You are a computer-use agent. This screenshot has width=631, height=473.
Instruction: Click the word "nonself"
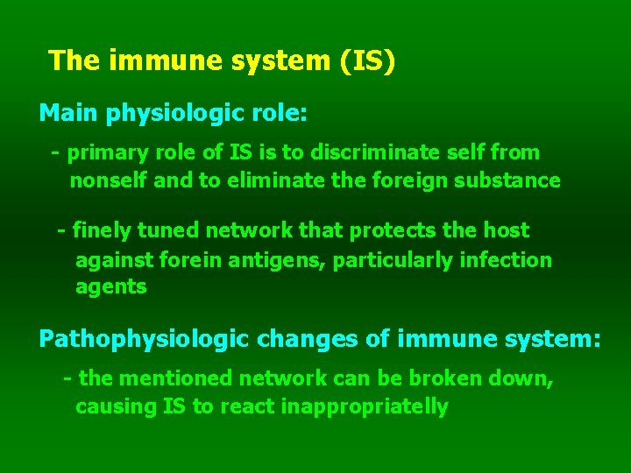click(104, 181)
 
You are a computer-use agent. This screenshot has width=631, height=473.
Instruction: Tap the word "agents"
click(111, 287)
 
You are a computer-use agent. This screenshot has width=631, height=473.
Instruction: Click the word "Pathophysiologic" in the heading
click(144, 339)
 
